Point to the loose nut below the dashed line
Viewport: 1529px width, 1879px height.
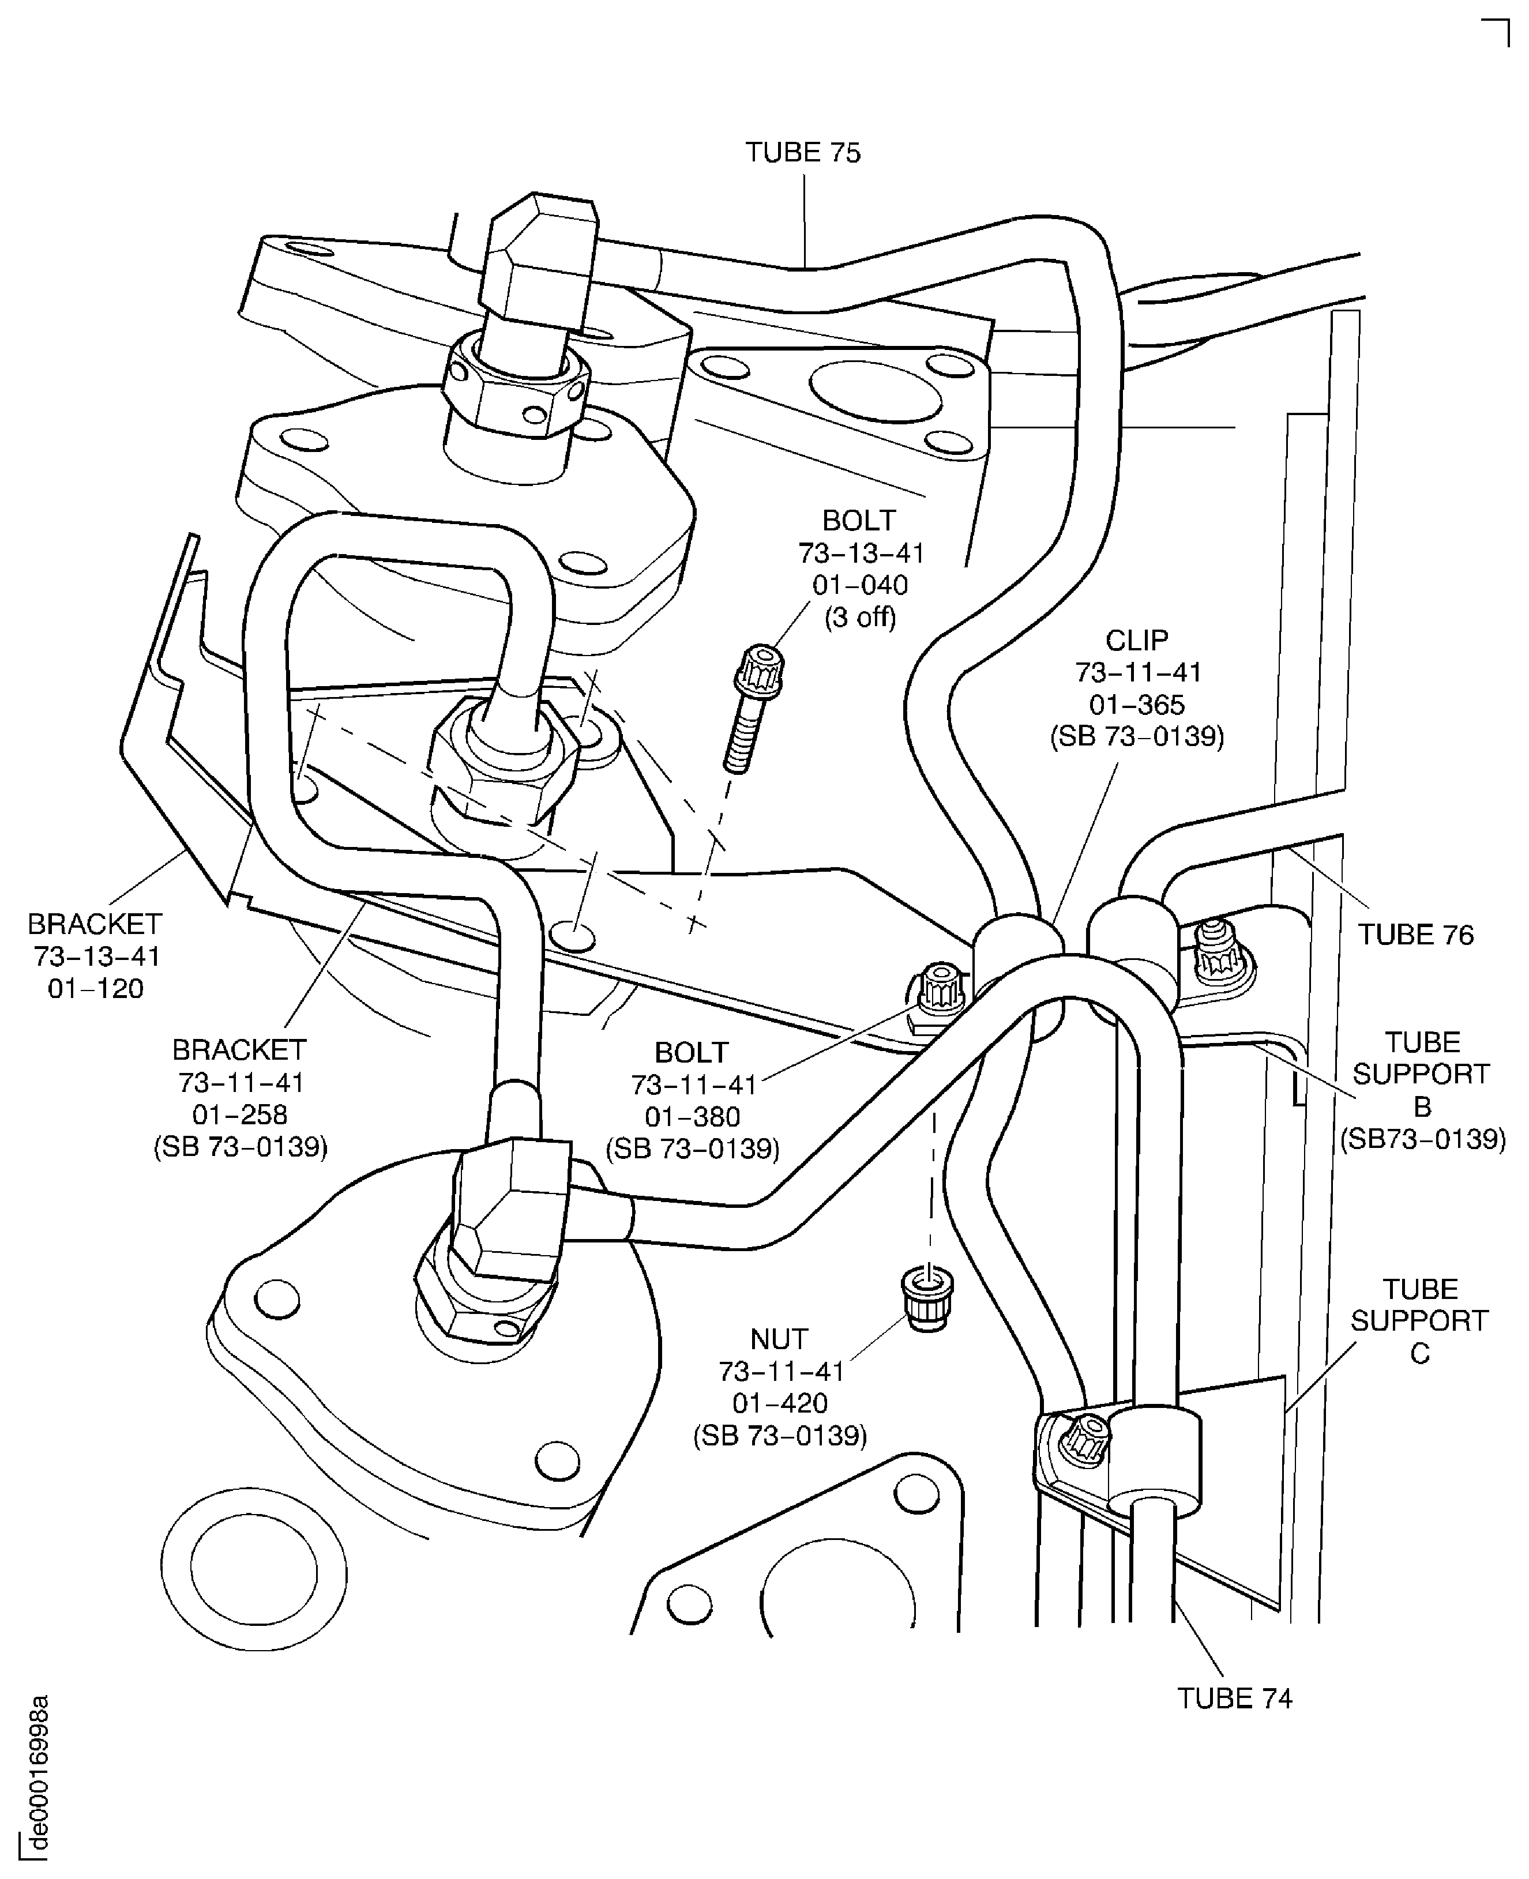(x=927, y=1300)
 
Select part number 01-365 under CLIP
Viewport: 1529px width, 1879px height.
(x=1137, y=705)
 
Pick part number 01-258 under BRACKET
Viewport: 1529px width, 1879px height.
(x=239, y=1114)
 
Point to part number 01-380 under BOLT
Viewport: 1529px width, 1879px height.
(x=692, y=1116)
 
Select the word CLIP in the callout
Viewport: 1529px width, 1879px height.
(x=1137, y=640)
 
